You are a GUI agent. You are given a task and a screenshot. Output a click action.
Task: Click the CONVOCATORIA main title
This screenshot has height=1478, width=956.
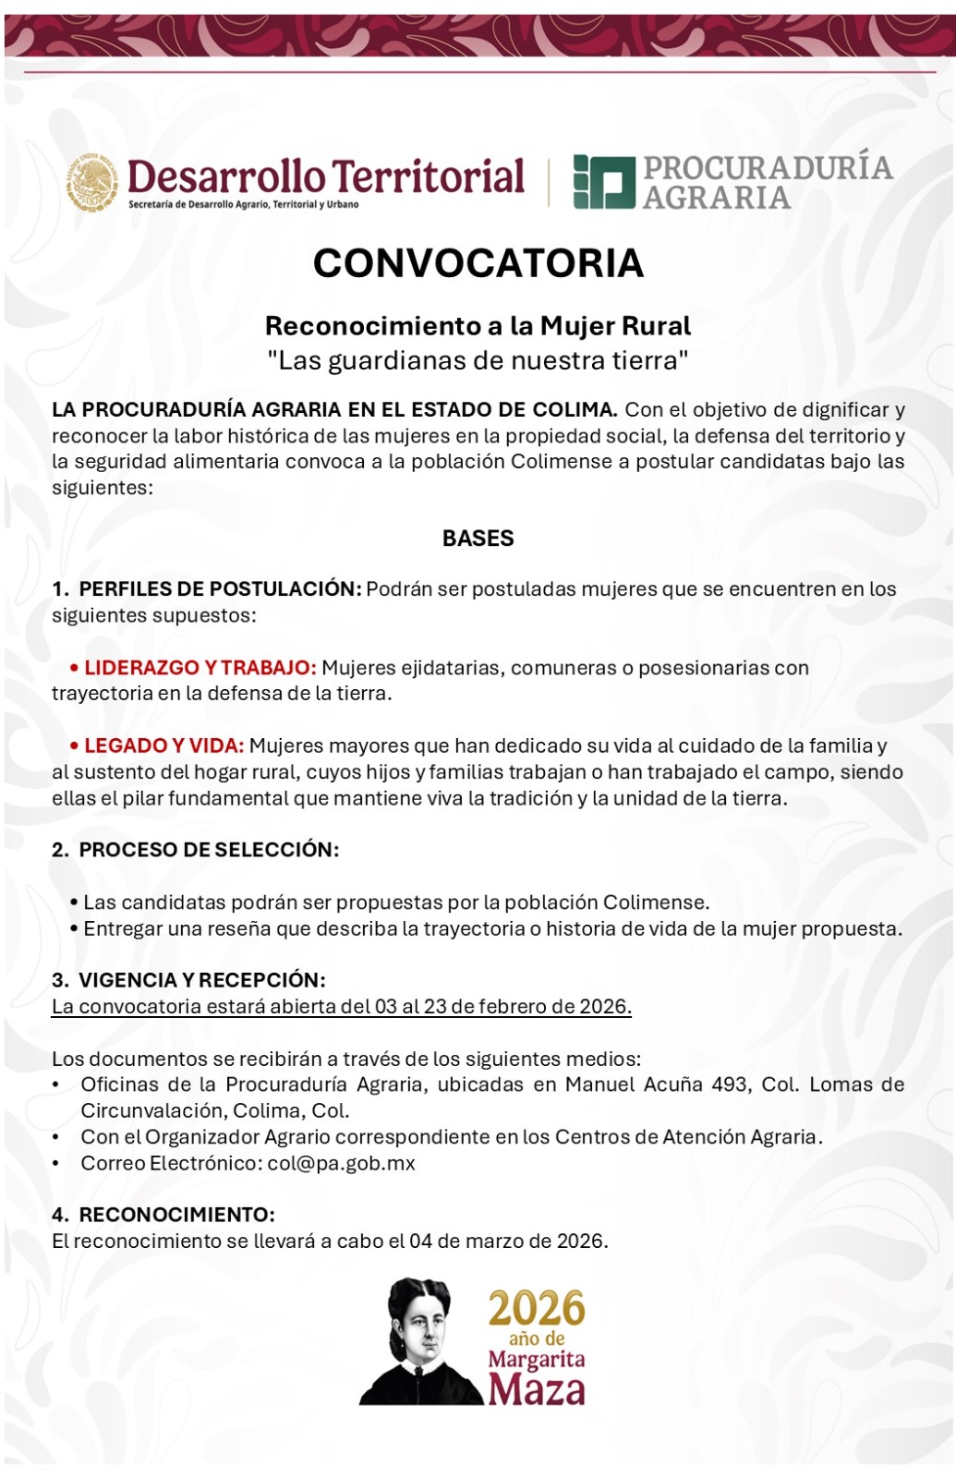tap(478, 263)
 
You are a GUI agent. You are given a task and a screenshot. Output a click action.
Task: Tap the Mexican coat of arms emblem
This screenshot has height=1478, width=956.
tap(92, 182)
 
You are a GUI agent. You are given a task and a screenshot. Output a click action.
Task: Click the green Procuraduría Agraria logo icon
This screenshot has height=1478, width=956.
tap(604, 181)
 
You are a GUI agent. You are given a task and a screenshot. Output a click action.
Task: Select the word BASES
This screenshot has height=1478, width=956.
tap(478, 539)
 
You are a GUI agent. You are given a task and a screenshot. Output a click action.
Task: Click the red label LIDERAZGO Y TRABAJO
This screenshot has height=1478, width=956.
tap(200, 668)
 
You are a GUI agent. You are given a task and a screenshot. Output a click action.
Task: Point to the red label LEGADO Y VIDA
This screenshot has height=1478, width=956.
tap(163, 745)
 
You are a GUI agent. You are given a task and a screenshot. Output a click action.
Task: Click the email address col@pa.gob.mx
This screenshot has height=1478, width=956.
tap(341, 1163)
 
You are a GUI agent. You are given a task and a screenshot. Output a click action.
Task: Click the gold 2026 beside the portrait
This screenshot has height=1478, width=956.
tap(537, 1309)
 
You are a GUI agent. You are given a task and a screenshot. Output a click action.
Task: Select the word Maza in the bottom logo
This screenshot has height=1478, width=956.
tap(537, 1389)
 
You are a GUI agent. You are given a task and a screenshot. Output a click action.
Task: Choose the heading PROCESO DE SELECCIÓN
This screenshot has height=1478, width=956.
tap(209, 850)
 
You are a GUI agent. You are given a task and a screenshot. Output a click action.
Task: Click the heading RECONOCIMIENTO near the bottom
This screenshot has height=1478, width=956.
tap(176, 1215)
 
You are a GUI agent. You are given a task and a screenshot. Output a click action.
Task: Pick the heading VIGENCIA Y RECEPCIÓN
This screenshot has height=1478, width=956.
tap(201, 980)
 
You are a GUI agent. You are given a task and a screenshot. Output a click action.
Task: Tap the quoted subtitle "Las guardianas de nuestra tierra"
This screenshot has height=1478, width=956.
tap(478, 360)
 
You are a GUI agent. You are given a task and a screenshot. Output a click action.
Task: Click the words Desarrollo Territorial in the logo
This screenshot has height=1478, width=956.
tap(326, 176)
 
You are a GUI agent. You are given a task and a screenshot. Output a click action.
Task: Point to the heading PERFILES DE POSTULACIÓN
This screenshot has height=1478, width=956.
tap(220, 589)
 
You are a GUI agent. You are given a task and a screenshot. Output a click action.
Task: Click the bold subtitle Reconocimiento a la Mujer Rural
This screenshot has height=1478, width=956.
tap(478, 326)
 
